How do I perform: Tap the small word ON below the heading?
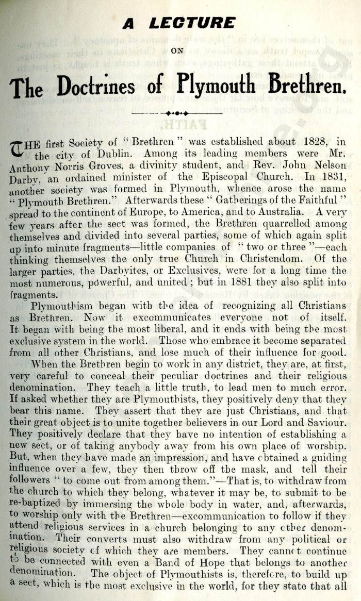(x=178, y=51)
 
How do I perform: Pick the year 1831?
(x=333, y=178)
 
